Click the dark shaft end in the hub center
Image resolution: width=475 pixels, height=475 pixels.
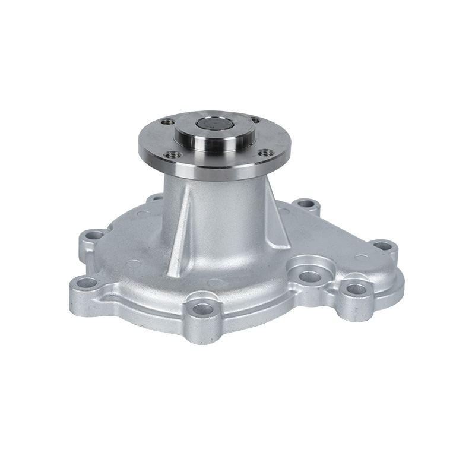tap(214, 125)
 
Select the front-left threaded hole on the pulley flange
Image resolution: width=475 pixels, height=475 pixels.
tap(173, 155)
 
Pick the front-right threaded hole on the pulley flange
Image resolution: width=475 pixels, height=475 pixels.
tap(265, 153)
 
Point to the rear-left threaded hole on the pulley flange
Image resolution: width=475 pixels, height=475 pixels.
tap(164, 122)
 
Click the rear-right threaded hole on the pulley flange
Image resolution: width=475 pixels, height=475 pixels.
tap(255, 121)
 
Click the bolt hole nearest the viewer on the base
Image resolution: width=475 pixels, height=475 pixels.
tap(203, 308)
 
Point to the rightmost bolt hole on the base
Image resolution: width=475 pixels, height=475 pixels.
tap(384, 245)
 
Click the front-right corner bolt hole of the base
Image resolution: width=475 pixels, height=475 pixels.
tap(356, 289)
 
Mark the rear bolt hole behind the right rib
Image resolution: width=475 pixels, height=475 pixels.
tap(306, 204)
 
